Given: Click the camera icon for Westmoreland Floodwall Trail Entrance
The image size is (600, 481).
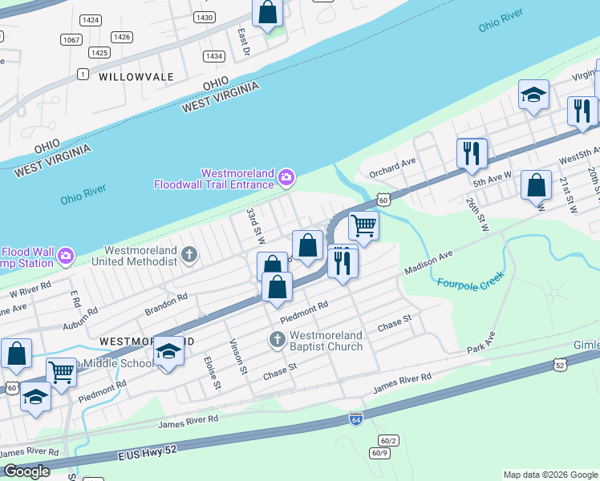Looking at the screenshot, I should pyautogui.click(x=286, y=177).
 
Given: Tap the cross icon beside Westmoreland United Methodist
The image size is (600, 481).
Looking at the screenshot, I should pyautogui.click(x=189, y=255).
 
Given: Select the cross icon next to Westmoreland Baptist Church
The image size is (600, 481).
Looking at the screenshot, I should pyautogui.click(x=277, y=340).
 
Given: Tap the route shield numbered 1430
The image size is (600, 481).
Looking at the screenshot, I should pyautogui.click(x=205, y=17).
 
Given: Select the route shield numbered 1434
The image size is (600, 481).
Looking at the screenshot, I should pyautogui.click(x=213, y=56).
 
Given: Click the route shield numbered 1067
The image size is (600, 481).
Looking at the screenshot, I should pyautogui.click(x=71, y=39).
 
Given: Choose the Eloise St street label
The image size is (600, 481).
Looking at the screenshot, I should pyautogui.click(x=212, y=373).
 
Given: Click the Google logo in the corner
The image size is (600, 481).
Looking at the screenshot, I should pyautogui.click(x=26, y=471).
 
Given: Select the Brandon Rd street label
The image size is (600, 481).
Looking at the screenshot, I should pyautogui.click(x=166, y=302).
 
